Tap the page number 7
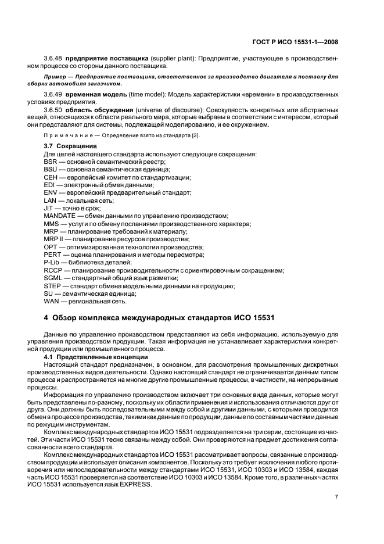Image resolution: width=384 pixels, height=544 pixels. click(x=337, y=497)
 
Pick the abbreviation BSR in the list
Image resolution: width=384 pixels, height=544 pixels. click(x=51, y=161)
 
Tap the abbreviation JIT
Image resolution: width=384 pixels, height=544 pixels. click(x=49, y=207)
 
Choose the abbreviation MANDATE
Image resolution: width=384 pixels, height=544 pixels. click(x=60, y=216)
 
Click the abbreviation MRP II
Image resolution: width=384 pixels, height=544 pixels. click(x=53, y=239)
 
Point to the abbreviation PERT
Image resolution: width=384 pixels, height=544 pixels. click(x=52, y=255)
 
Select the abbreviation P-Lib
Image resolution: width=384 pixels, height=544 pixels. click(x=52, y=262)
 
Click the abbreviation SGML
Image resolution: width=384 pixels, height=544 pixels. click(x=53, y=278)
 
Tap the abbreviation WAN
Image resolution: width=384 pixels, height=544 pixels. click(x=51, y=301)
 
